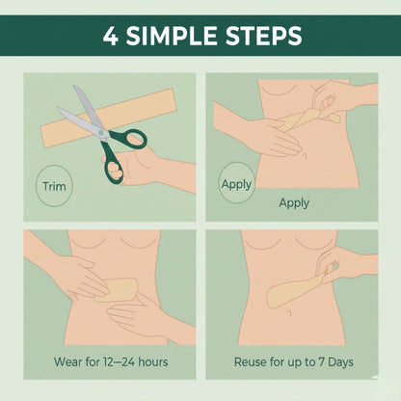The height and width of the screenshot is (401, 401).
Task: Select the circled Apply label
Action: click(237, 183)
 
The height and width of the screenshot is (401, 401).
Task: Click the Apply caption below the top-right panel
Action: click(294, 203)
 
